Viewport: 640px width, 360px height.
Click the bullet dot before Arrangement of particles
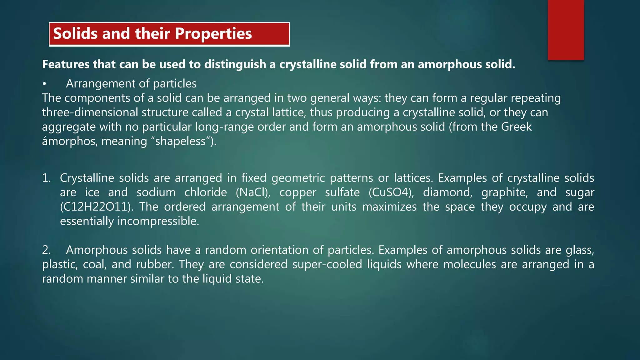pyautogui.click(x=45, y=84)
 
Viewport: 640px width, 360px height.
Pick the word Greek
pyautogui.click(x=516, y=127)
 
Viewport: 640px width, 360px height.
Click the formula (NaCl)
pyautogui.click(x=253, y=192)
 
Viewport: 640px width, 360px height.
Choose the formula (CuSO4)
pyautogui.click(x=391, y=192)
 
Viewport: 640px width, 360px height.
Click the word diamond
pyautogui.click(x=447, y=192)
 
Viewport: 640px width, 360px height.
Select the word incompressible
pyautogui.click(x=158, y=221)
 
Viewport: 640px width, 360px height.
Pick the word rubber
pyautogui.click(x=155, y=264)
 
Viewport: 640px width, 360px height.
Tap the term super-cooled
pyautogui.click(x=327, y=264)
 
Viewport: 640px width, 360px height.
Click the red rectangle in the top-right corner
pyautogui.click(x=566, y=30)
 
